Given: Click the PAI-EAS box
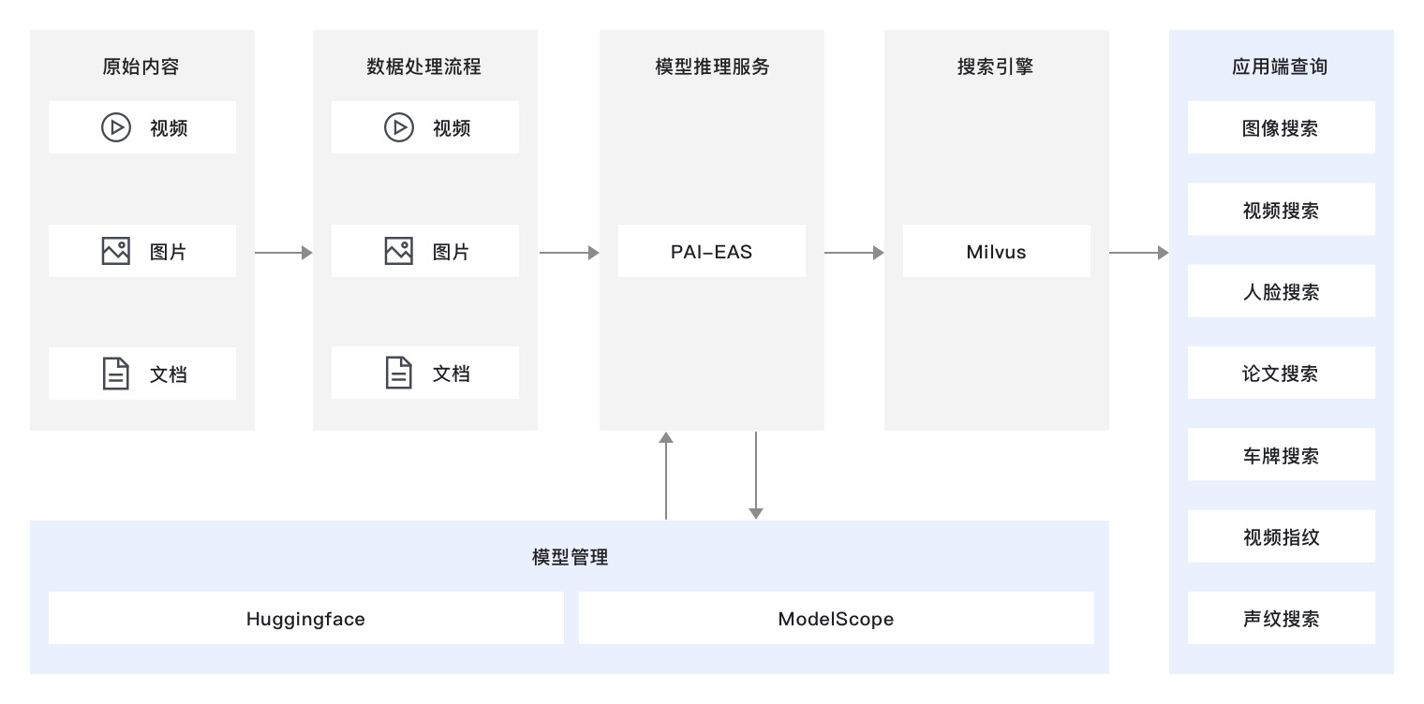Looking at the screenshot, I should (x=711, y=251).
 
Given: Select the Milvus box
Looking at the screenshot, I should (x=996, y=251).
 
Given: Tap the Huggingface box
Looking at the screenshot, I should (x=305, y=618).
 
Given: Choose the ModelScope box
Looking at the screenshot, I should (x=836, y=618).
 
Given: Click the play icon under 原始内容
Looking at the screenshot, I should (x=115, y=127).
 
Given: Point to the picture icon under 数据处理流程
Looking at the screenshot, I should (x=398, y=251).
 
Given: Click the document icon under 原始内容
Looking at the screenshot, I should (x=115, y=374).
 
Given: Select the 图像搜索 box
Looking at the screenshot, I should (x=1281, y=127).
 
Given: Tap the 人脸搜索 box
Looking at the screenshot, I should (x=1281, y=291).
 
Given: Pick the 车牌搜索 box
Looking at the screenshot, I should (x=1281, y=455).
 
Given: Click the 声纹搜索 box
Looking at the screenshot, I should (x=1281, y=618).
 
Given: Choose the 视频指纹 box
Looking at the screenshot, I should (x=1281, y=536).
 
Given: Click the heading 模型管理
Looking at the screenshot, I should (x=570, y=557).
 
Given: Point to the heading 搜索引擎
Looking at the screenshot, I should (x=995, y=66).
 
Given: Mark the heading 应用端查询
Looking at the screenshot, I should (x=1280, y=66).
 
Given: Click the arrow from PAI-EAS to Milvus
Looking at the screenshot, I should (x=853, y=252).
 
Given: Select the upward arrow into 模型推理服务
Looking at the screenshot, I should (x=666, y=475).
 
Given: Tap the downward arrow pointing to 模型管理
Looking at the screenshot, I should (x=756, y=475).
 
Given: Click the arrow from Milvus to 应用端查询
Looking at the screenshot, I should (x=1138, y=252).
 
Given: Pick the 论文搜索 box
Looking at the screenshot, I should (x=1281, y=373).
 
